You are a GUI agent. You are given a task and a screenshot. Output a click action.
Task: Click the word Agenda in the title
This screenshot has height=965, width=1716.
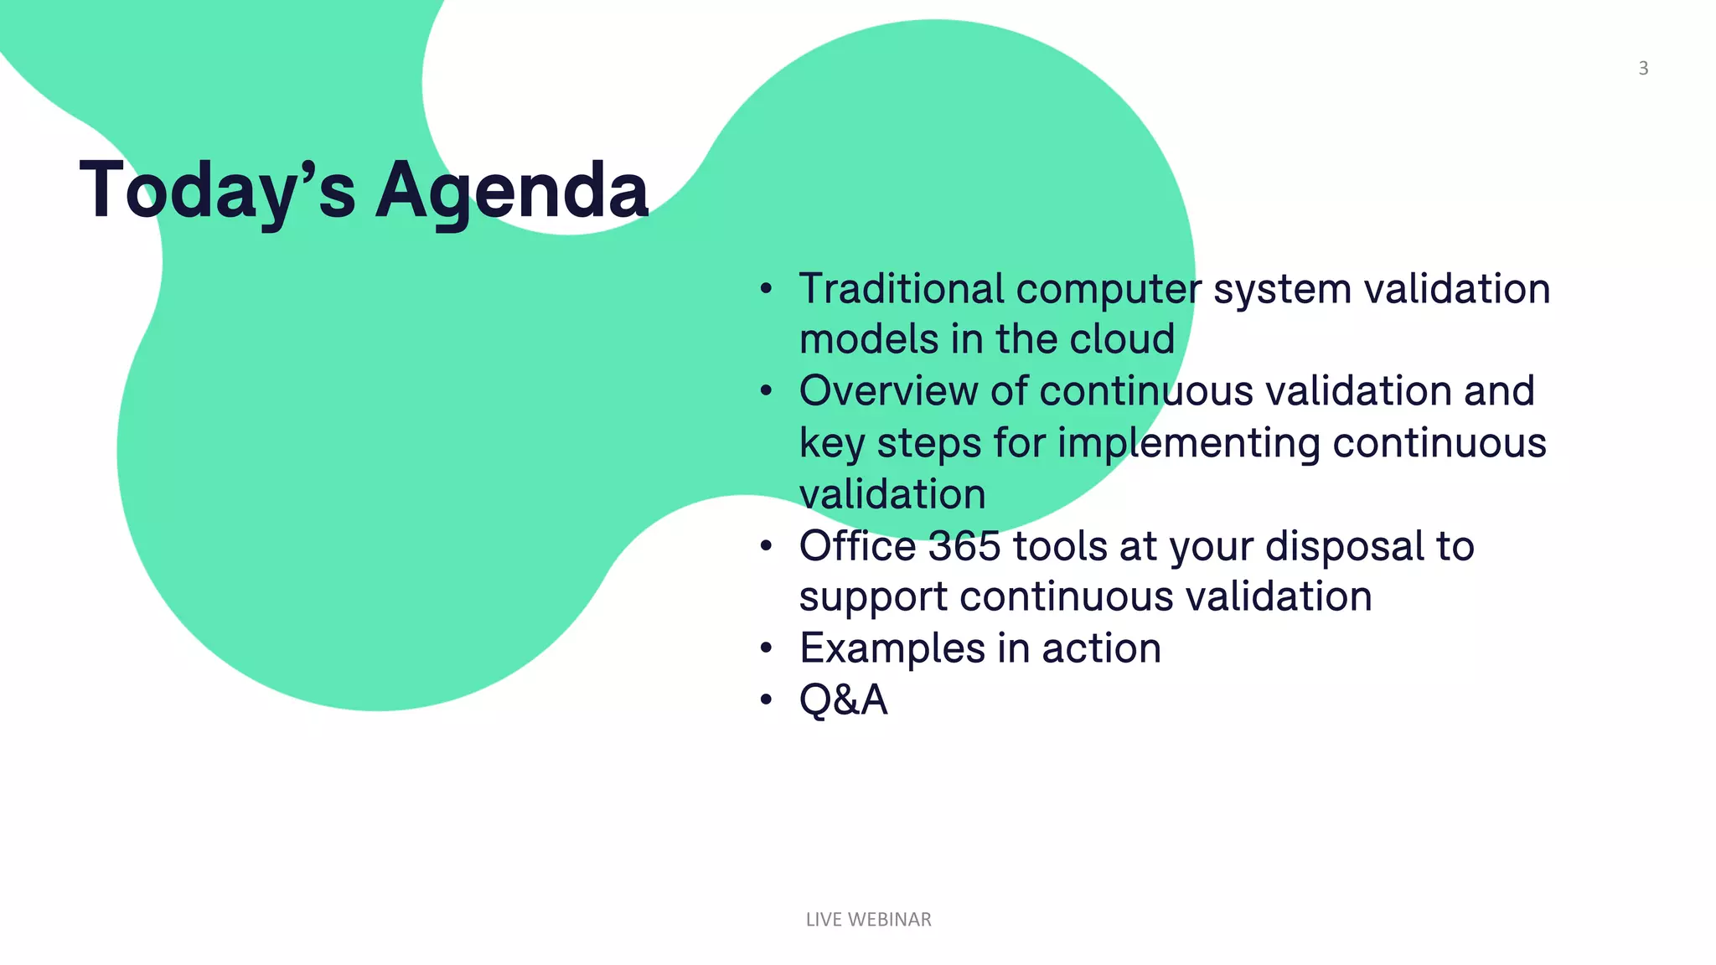pos(512,191)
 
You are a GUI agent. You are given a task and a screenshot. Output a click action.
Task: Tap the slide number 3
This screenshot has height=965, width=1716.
pos(1643,69)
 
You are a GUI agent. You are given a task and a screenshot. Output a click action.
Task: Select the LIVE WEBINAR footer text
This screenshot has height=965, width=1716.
pos(868,919)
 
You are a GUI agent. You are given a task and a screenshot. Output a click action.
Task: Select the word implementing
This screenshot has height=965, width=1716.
pos(1189,443)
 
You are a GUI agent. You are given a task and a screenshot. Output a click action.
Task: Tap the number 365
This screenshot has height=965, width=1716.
pos(964,546)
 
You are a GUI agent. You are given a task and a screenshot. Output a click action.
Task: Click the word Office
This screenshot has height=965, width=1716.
pos(858,546)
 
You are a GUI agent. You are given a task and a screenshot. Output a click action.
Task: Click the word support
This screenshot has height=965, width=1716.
pos(873,598)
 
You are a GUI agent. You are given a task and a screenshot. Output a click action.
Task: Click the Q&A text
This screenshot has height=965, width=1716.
pos(843,700)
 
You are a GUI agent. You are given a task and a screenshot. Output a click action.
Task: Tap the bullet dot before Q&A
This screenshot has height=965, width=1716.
pos(766,700)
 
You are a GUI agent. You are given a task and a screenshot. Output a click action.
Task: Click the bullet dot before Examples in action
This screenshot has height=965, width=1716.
pos(766,649)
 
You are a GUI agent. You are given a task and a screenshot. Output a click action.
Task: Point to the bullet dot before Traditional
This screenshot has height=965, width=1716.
pos(766,290)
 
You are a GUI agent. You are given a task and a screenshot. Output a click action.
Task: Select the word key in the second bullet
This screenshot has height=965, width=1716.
pos(831,443)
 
